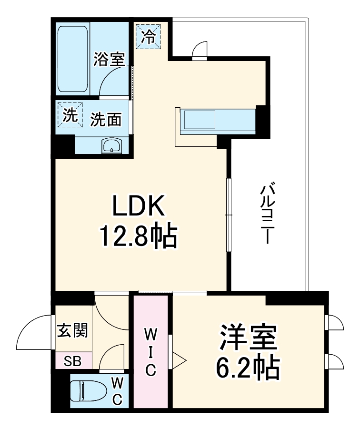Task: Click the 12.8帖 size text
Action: (138, 235)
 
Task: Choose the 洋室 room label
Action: (248, 338)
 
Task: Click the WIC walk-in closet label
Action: (150, 351)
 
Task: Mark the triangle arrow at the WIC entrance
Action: (178, 360)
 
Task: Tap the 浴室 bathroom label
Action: (109, 60)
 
